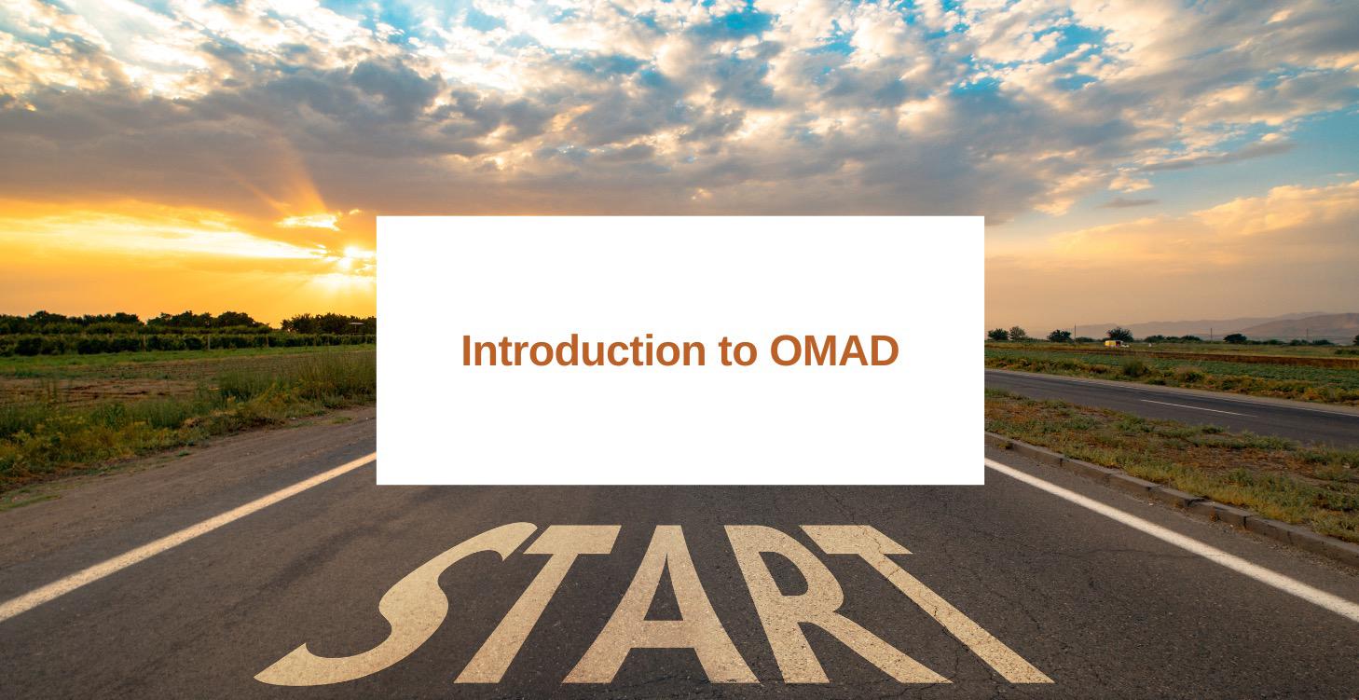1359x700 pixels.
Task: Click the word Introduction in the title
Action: [x=583, y=350]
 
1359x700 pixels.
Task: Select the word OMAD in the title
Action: [x=834, y=350]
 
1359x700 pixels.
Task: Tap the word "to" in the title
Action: [x=737, y=351]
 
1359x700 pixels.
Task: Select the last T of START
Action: [x=928, y=604]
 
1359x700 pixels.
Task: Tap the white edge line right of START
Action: [x=1171, y=540]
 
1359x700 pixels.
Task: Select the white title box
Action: [x=680, y=350]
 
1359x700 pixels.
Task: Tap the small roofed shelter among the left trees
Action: [x=356, y=326]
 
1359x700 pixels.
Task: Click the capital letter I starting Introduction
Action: [x=467, y=350]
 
